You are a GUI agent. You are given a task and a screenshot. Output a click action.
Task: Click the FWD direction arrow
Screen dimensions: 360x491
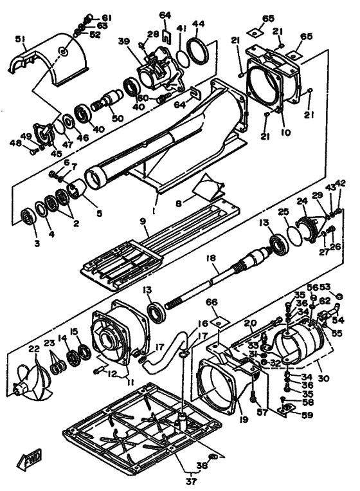[x=29, y=459]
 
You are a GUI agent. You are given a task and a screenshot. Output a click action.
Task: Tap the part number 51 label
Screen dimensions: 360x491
[x=21, y=39]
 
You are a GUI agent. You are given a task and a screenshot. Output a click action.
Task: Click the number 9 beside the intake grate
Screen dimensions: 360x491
[x=143, y=222]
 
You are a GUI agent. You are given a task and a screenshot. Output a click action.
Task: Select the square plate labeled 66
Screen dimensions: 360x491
[x=220, y=322]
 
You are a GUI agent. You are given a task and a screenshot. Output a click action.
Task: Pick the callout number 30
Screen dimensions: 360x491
[x=323, y=378]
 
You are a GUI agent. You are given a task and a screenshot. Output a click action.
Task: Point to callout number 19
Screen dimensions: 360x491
[x=243, y=420]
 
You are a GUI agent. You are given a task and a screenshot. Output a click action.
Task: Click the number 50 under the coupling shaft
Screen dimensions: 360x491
[x=118, y=118]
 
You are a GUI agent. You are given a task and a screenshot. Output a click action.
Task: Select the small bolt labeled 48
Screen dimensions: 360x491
[x=33, y=152]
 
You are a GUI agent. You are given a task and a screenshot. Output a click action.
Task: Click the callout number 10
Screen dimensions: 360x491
[x=286, y=133]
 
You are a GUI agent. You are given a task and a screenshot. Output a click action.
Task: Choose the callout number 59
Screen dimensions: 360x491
[x=307, y=415]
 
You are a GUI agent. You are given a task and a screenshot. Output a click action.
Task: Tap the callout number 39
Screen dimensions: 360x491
[x=124, y=41]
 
